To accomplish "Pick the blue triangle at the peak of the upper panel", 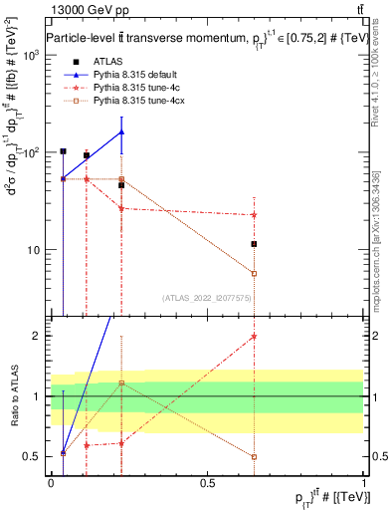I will pos(121,131).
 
